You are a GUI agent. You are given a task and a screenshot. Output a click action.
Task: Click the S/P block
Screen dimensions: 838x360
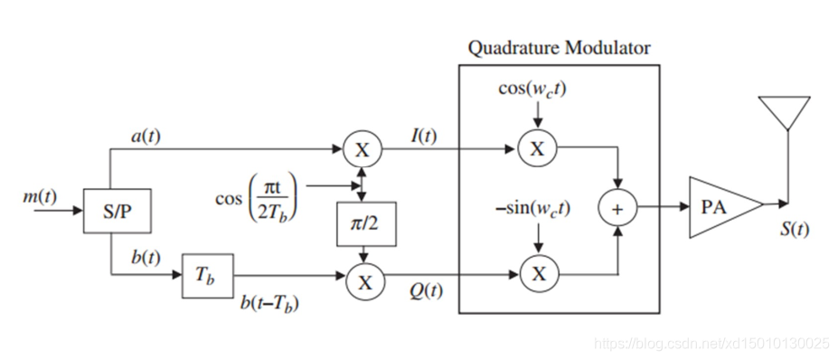point(117,211)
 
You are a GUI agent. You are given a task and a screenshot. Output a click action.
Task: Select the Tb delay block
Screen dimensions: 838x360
point(208,276)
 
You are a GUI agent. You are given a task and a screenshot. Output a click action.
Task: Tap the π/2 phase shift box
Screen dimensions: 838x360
point(367,224)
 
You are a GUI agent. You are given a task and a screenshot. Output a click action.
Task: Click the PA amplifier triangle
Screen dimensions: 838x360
point(724,207)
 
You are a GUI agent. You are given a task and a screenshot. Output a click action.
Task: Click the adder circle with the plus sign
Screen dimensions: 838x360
point(617,209)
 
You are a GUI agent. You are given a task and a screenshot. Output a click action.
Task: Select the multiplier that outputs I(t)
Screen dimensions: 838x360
point(363,149)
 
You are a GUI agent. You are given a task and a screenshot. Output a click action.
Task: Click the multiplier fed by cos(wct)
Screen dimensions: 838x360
point(537,148)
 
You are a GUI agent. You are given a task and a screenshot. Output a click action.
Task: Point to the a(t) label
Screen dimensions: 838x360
point(146,137)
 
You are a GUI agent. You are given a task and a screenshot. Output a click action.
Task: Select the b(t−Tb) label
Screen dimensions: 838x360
point(269,304)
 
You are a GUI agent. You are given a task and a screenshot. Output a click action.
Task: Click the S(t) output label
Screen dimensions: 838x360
point(794,229)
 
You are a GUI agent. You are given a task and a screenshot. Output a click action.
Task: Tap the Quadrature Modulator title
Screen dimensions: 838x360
point(559,48)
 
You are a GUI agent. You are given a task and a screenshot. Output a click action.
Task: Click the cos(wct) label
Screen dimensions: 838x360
point(532,89)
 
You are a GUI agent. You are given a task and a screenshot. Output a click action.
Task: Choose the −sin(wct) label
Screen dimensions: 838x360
point(532,209)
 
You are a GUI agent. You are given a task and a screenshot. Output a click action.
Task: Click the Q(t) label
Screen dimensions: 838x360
point(426,292)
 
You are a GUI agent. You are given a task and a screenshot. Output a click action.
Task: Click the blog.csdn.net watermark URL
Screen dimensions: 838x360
point(711,343)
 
